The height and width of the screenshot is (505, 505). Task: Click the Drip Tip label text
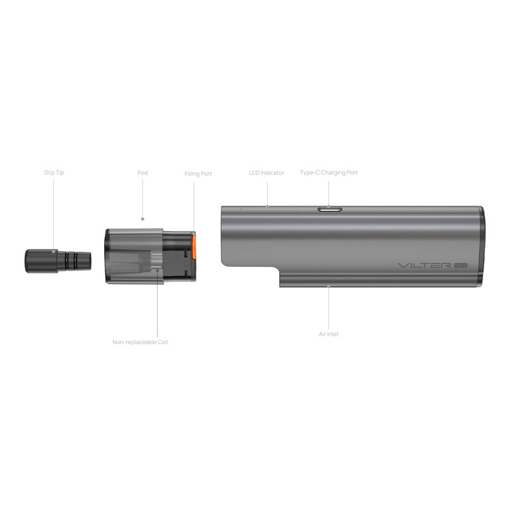[54, 172]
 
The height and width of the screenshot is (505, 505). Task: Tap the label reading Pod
[143, 172]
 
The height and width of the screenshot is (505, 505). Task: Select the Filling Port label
[198, 174]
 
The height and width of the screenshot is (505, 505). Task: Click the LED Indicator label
[266, 172]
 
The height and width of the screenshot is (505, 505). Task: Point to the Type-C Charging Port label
[328, 172]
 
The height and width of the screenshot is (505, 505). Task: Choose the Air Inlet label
[328, 334]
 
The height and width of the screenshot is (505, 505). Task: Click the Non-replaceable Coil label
[140, 342]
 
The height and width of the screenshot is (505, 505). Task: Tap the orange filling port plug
[194, 248]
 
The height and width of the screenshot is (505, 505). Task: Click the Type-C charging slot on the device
[329, 208]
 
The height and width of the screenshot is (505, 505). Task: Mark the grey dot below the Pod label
[143, 219]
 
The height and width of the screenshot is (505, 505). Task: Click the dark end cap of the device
[481, 246]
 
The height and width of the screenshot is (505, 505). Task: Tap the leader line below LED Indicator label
[266, 191]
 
